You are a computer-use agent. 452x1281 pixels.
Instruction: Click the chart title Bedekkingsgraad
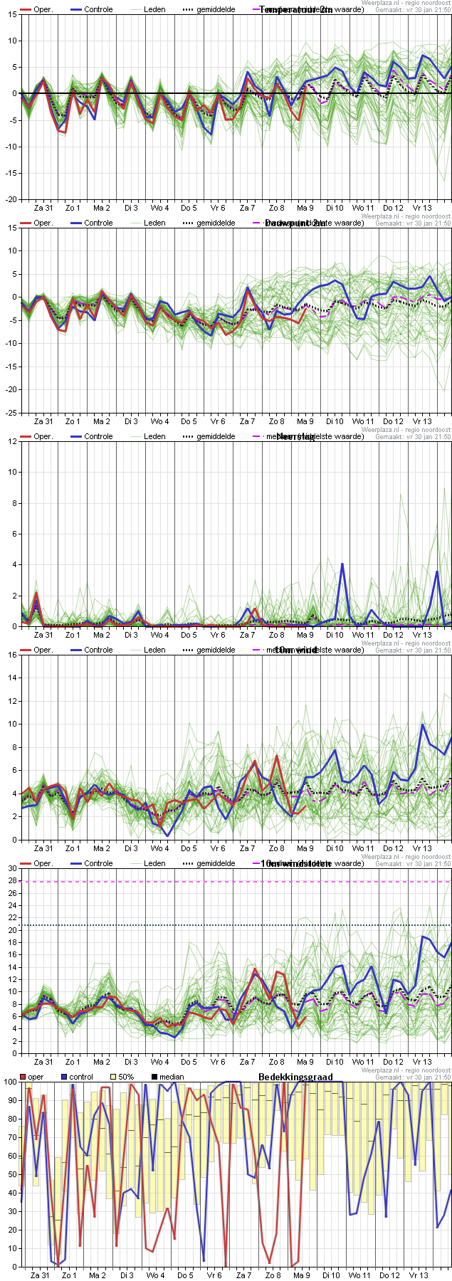(x=295, y=1077)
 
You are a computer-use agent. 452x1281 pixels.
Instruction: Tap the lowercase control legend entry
(x=81, y=1077)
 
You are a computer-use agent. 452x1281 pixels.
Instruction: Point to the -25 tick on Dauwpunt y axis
(x=11, y=413)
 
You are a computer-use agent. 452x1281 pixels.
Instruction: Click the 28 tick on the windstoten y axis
(x=12, y=881)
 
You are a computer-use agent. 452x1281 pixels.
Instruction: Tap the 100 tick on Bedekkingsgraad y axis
(x=10, y=1082)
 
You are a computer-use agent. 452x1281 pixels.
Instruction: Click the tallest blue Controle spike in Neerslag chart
(x=342, y=564)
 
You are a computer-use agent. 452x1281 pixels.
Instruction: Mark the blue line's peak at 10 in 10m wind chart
(x=423, y=724)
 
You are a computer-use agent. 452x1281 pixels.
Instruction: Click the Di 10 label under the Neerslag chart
(x=335, y=635)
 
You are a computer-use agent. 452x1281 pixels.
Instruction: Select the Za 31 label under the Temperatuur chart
(x=43, y=208)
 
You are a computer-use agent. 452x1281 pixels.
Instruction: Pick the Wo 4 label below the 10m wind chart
(x=159, y=848)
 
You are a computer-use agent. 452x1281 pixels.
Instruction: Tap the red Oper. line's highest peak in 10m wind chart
(x=276, y=756)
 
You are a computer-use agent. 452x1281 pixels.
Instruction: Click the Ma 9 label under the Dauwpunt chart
(x=305, y=421)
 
